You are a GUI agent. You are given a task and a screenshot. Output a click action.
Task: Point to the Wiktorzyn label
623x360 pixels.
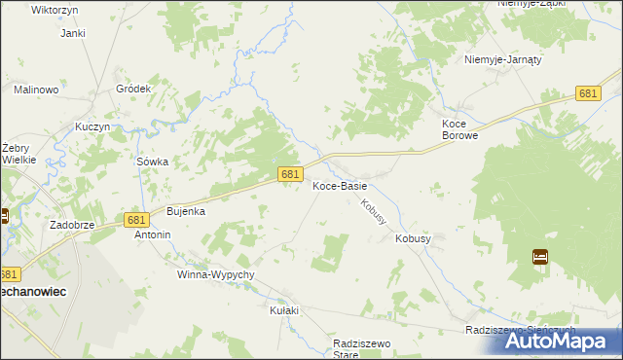(55, 9)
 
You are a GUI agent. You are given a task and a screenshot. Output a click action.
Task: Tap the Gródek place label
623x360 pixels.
(134, 89)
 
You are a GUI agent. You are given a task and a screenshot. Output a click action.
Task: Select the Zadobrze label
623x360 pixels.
(71, 224)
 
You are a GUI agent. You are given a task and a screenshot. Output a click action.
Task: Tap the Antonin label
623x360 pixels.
(153, 234)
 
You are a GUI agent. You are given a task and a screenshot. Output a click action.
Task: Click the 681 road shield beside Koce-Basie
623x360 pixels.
(288, 173)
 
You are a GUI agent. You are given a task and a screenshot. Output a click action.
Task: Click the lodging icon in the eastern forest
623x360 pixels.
(540, 257)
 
